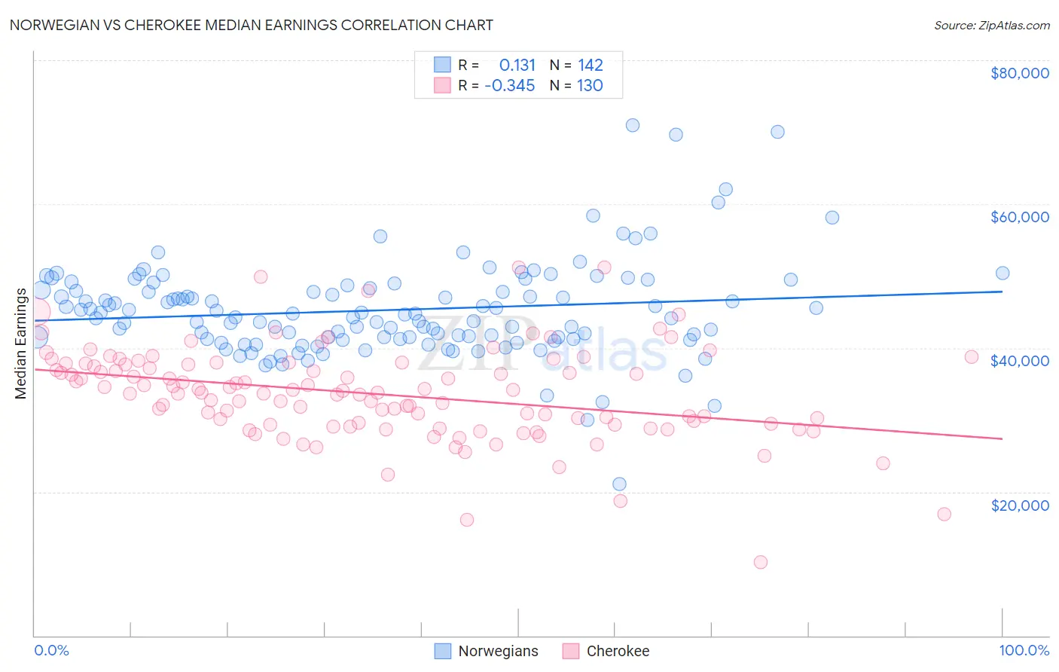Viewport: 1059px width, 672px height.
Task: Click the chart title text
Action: click(252, 25)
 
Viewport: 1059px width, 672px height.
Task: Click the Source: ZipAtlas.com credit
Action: click(991, 26)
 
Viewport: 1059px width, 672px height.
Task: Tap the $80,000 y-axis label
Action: click(1019, 73)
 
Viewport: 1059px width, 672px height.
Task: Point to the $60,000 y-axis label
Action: click(1019, 217)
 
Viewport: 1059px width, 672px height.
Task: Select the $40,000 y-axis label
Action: click(1019, 361)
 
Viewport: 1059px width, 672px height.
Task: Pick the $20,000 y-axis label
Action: click(1019, 505)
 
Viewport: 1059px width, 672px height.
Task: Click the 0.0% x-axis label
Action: click(51, 650)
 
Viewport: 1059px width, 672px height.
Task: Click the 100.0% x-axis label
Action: click(1024, 650)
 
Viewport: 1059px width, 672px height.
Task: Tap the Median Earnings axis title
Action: click(20, 344)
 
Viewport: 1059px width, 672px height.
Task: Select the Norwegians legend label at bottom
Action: click(498, 651)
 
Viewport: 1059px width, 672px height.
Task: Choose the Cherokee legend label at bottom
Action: click(618, 651)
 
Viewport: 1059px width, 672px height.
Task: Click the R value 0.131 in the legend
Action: click(517, 66)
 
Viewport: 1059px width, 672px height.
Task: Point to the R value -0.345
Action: click(510, 86)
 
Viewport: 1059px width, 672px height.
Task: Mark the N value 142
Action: click(591, 66)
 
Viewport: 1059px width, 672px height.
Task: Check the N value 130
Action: click(590, 86)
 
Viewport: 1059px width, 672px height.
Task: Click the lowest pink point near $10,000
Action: click(761, 562)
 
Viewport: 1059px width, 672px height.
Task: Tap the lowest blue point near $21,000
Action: click(619, 484)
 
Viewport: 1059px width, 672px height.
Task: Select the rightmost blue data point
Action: click(1003, 273)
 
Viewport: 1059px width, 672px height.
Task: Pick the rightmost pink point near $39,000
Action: click(972, 357)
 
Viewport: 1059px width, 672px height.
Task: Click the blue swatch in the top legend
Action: click(442, 66)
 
